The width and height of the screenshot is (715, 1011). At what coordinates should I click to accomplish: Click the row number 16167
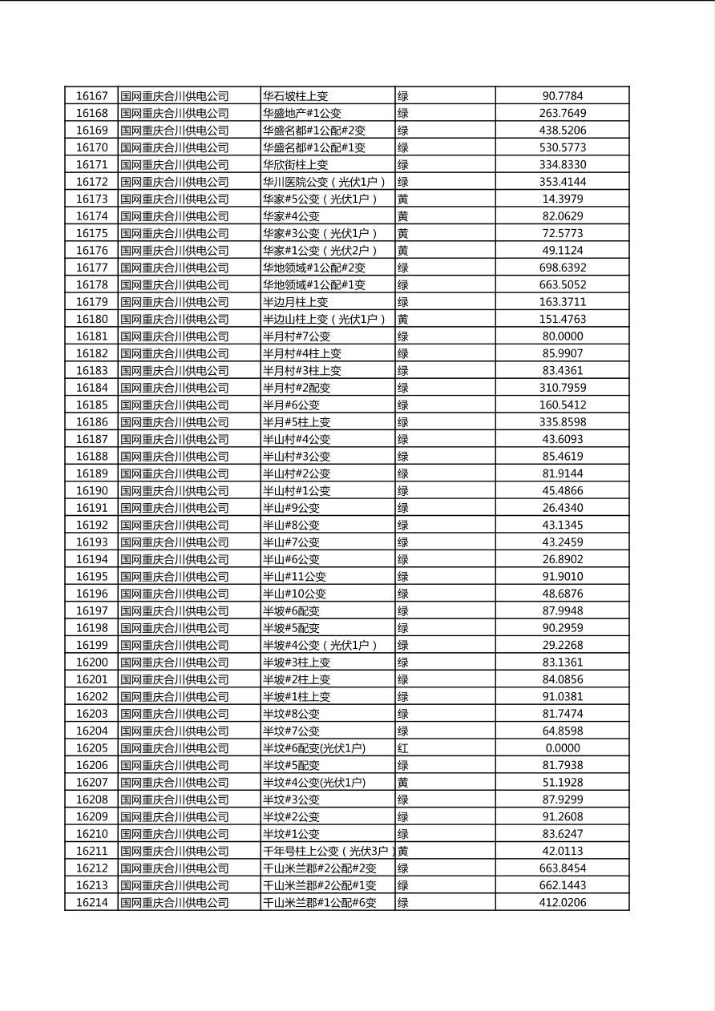click(x=91, y=96)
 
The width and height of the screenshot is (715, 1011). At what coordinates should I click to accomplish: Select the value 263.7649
click(x=562, y=113)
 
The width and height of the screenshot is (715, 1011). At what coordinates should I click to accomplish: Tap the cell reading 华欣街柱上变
click(x=296, y=164)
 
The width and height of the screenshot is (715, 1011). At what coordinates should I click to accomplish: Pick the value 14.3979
click(x=562, y=199)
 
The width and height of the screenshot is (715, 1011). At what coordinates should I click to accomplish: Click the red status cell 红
click(x=403, y=748)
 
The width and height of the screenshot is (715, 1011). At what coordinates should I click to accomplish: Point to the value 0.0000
click(x=562, y=748)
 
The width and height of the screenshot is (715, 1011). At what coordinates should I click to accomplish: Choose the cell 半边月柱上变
click(x=296, y=302)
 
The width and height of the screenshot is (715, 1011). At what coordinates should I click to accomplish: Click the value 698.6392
click(x=562, y=268)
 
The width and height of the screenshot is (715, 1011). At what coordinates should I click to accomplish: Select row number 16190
click(x=91, y=490)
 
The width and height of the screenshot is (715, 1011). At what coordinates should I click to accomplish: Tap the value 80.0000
click(x=562, y=336)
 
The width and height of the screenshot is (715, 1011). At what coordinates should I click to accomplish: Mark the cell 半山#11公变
click(x=295, y=576)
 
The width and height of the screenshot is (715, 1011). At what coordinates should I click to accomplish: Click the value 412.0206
click(x=562, y=902)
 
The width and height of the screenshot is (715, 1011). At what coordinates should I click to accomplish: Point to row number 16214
click(x=91, y=902)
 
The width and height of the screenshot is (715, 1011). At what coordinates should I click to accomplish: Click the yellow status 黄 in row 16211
click(x=403, y=851)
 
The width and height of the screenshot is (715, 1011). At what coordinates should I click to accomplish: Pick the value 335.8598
click(x=562, y=422)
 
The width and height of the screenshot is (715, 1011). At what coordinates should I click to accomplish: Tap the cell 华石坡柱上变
click(x=296, y=96)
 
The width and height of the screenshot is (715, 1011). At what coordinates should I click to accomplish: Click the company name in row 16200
click(x=175, y=663)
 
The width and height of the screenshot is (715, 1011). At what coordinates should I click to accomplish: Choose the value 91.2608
click(x=562, y=816)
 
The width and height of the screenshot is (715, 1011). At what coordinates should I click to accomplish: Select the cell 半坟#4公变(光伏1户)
click(x=314, y=782)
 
